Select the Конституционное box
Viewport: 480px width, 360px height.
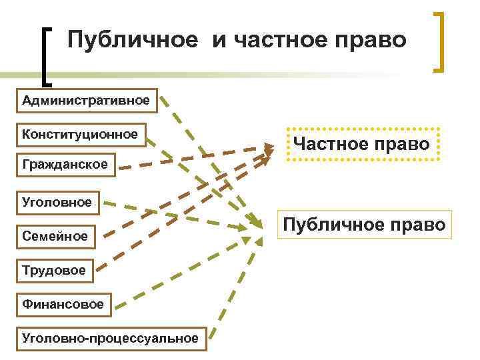[79, 134]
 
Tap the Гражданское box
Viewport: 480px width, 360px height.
[64, 164]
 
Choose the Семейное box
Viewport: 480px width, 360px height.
[54, 236]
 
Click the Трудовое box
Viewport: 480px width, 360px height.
[53, 270]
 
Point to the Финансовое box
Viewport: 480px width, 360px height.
[63, 304]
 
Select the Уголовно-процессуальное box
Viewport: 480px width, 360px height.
[110, 338]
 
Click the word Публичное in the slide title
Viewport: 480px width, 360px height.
[133, 39]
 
